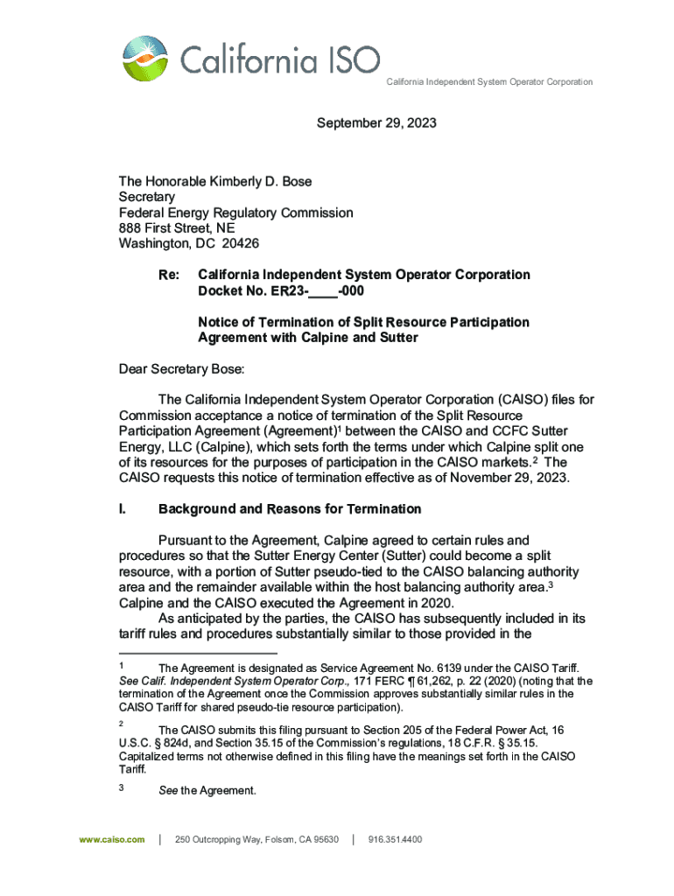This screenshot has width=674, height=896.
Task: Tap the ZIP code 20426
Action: point(241,244)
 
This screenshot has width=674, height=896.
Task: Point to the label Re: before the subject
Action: point(169,275)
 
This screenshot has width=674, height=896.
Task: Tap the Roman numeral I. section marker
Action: point(123,509)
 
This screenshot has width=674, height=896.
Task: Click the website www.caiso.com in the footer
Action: point(111,839)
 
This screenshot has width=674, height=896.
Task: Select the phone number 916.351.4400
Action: point(396,839)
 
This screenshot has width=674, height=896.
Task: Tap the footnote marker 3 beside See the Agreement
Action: point(122,790)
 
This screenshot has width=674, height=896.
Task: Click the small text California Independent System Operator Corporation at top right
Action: point(489,82)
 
